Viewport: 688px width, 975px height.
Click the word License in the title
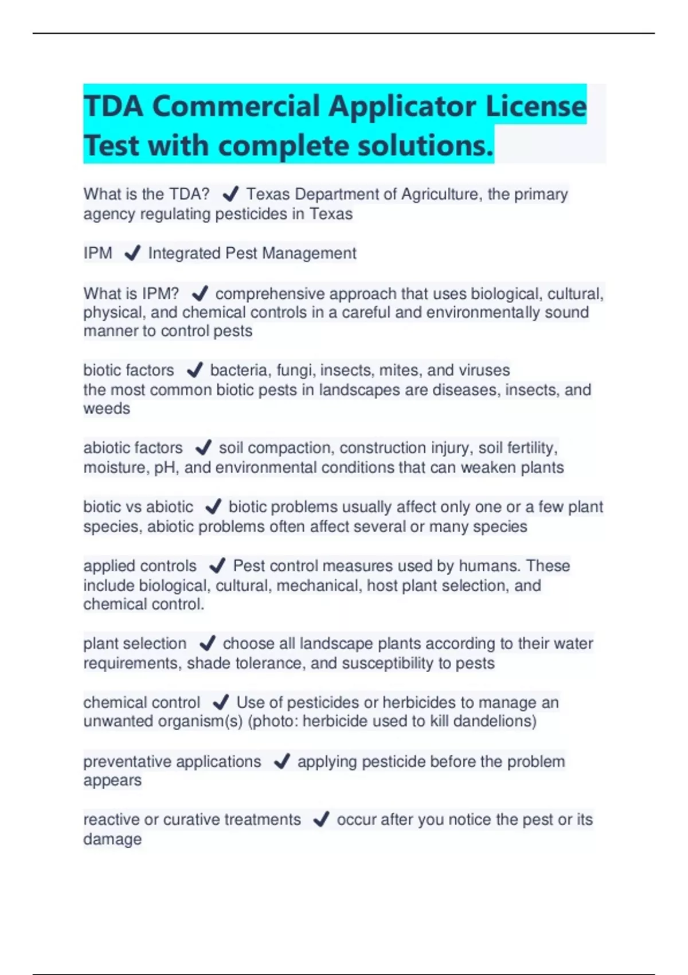536,106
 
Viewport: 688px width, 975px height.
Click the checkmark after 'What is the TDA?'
230,194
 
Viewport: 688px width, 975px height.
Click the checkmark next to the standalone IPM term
132,253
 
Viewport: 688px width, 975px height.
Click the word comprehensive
270,294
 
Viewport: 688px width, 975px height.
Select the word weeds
107,408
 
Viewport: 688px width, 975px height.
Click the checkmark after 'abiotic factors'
203,447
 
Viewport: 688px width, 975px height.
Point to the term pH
164,467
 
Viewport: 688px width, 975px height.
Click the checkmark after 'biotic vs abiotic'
213,507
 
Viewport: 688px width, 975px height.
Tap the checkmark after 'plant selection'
207,643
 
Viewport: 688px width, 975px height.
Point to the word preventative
127,762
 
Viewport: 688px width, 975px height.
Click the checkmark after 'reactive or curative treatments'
321,820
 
